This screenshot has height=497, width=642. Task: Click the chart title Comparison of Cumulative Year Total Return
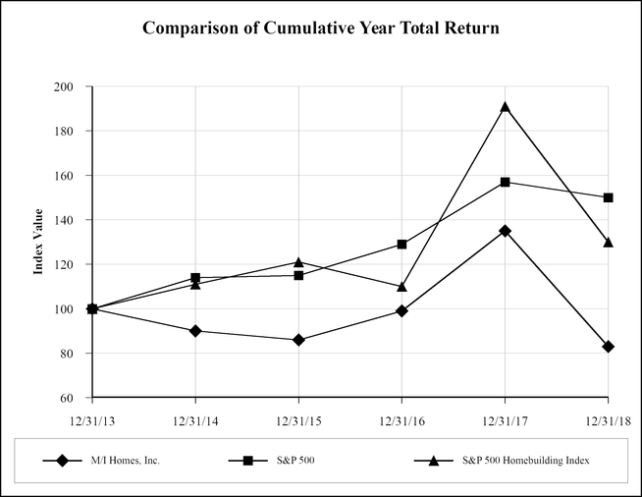click(x=321, y=28)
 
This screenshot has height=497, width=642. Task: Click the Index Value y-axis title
click(x=39, y=242)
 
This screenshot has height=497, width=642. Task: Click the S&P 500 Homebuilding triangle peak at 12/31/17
click(x=505, y=107)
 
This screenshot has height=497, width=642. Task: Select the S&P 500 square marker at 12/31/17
click(x=505, y=182)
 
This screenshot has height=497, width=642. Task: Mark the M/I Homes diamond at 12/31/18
click(x=608, y=347)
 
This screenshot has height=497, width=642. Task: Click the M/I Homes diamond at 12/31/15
click(x=298, y=340)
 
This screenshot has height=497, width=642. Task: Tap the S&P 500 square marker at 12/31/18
click(x=608, y=197)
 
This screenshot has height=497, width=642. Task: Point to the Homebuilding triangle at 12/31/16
click(x=401, y=287)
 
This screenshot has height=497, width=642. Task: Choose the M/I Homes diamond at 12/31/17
click(x=505, y=231)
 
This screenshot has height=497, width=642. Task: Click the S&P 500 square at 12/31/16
click(x=401, y=244)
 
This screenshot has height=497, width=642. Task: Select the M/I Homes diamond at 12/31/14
click(x=195, y=331)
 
